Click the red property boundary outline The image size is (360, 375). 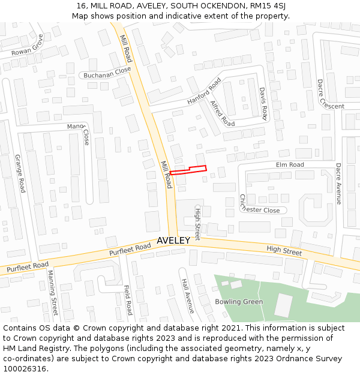(x=188, y=170)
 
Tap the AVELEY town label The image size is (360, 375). (x=173, y=240)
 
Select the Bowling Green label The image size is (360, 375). (x=239, y=302)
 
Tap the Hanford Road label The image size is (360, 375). (x=204, y=92)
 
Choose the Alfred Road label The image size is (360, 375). (x=222, y=113)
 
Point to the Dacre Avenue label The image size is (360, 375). (x=338, y=184)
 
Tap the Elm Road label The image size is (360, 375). (x=290, y=164)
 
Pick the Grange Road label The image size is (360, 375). (x=20, y=173)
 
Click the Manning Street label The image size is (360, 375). (x=53, y=293)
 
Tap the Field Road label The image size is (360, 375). (x=128, y=300)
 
